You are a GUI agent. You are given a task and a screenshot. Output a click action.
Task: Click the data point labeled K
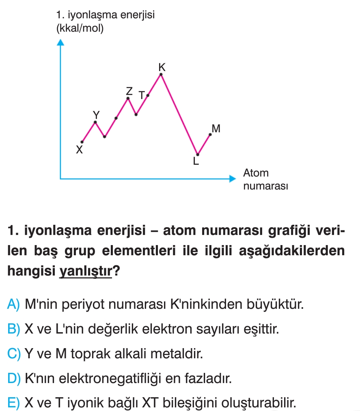click(x=161, y=74)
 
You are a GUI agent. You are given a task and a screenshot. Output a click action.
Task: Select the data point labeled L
click(x=198, y=154)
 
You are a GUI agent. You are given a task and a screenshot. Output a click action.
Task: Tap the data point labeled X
click(x=82, y=142)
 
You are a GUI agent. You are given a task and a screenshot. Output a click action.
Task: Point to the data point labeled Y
click(x=95, y=122)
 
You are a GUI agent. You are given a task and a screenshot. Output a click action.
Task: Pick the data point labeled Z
click(x=128, y=98)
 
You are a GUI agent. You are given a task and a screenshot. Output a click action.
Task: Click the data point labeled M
click(x=210, y=134)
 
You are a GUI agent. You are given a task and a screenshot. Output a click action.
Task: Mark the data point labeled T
click(x=148, y=95)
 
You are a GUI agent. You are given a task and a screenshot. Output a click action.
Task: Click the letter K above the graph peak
click(x=162, y=66)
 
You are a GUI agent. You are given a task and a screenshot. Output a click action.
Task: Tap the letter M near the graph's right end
click(x=216, y=129)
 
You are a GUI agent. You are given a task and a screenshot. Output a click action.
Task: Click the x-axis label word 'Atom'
click(x=256, y=173)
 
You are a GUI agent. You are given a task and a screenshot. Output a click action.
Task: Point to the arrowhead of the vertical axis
click(x=60, y=42)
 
